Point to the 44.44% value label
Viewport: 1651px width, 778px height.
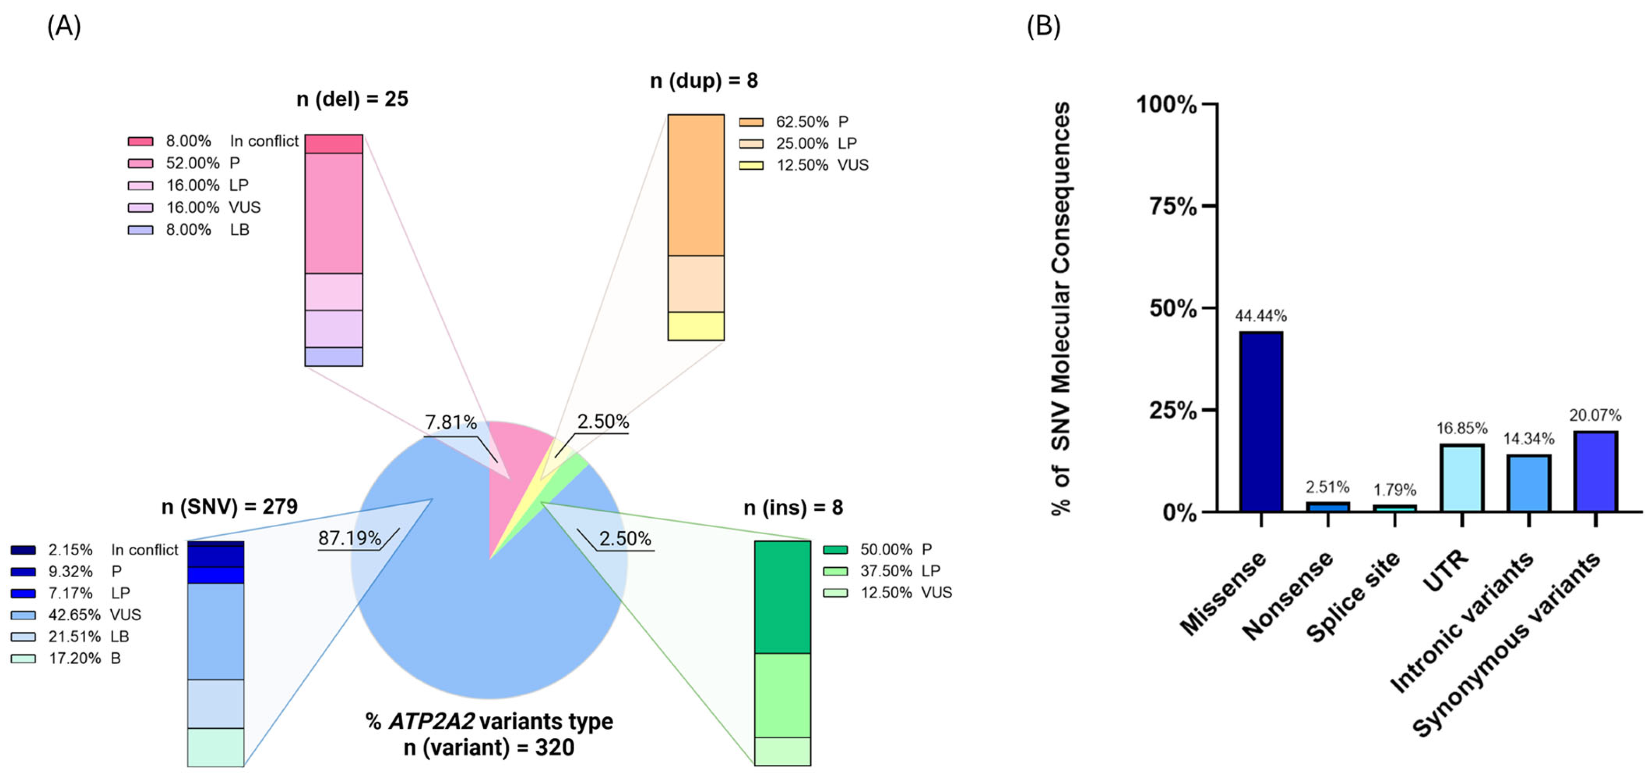[1261, 315]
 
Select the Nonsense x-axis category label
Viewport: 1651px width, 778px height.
[1288, 596]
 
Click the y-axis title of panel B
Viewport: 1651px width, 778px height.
[1061, 307]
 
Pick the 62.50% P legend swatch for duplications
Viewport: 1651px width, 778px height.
[751, 122]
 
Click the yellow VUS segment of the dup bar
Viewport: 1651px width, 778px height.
[696, 326]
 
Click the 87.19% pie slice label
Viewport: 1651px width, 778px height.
[349, 538]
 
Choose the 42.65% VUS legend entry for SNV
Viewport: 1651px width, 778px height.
[75, 615]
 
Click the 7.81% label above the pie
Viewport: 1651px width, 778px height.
[451, 423]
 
